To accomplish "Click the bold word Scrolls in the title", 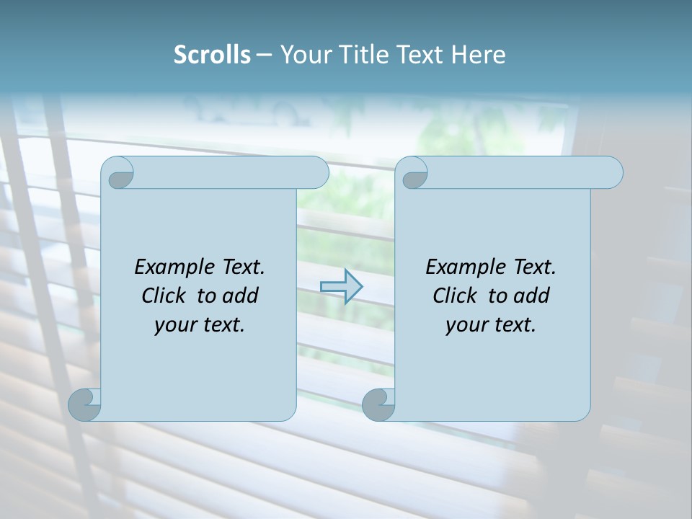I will pos(212,55).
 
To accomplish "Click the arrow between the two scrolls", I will pos(341,287).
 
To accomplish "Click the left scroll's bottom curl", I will pos(85,404).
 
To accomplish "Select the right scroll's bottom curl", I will pos(378,404).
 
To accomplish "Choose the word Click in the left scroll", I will pos(166,296).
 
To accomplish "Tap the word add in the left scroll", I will pos(241,296).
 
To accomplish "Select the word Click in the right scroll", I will pos(457,296).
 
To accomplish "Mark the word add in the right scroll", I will pos(532,296).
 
